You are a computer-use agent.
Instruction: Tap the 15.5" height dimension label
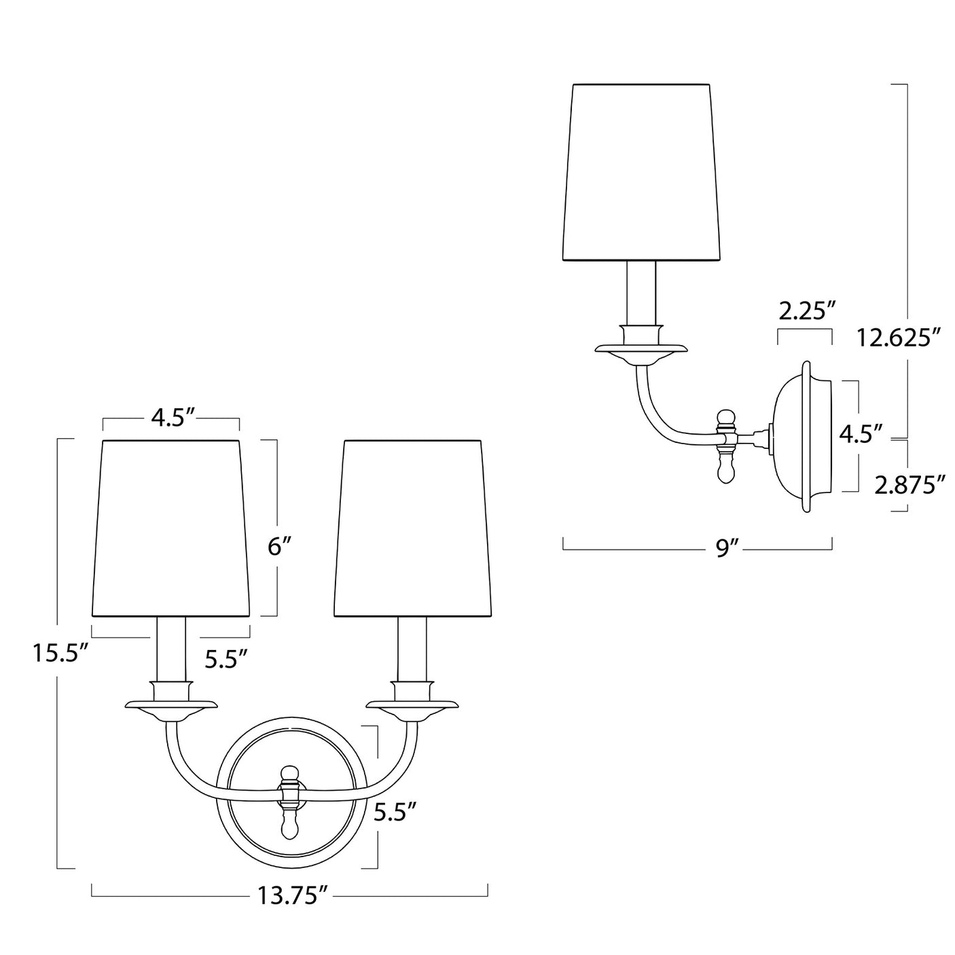pyautogui.click(x=60, y=653)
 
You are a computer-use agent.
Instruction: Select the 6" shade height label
pyautogui.click(x=279, y=547)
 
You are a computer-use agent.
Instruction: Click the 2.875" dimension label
pyautogui.click(x=910, y=486)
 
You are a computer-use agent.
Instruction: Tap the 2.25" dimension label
pyautogui.click(x=806, y=312)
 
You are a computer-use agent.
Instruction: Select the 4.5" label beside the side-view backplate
pyautogui.click(x=861, y=433)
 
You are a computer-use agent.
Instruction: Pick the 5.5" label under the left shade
pyautogui.click(x=226, y=657)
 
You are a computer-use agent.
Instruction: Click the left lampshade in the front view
pyautogui.click(x=170, y=528)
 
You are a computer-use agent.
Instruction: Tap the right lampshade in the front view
pyautogui.click(x=413, y=528)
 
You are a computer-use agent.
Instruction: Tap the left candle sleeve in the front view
pyautogui.click(x=170, y=649)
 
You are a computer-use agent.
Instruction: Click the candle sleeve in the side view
pyautogui.click(x=641, y=293)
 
